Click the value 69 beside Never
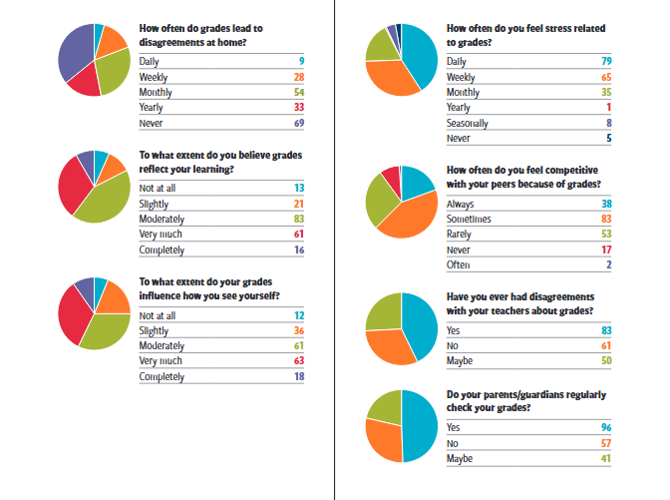298,124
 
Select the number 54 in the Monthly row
298,92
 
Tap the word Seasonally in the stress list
468,124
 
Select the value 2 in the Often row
607,265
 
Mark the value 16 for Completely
298,250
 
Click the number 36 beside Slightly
298,330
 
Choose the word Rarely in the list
460,234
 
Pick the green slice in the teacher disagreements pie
384,311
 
